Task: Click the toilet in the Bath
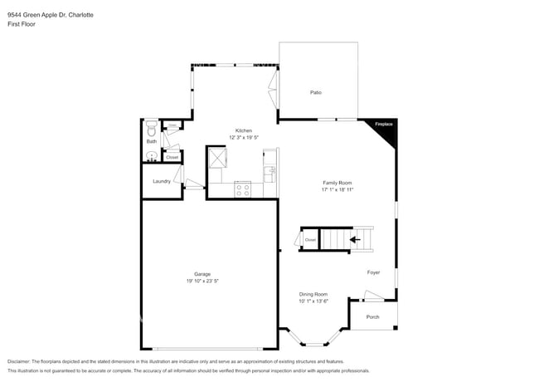pos(151,130)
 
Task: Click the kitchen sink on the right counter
pos(269,173)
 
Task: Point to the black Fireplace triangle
pos(386,129)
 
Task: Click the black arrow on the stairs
pos(356,240)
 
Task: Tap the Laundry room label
pos(161,180)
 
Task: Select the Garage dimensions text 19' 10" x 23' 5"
pos(202,281)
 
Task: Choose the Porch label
pos(372,316)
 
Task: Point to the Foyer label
pos(374,272)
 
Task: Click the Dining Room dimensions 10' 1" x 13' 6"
pos(313,301)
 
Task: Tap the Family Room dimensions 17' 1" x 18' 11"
pos(337,189)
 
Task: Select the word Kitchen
pos(243,130)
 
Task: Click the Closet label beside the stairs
pos(309,240)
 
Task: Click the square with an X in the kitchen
pos(217,155)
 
